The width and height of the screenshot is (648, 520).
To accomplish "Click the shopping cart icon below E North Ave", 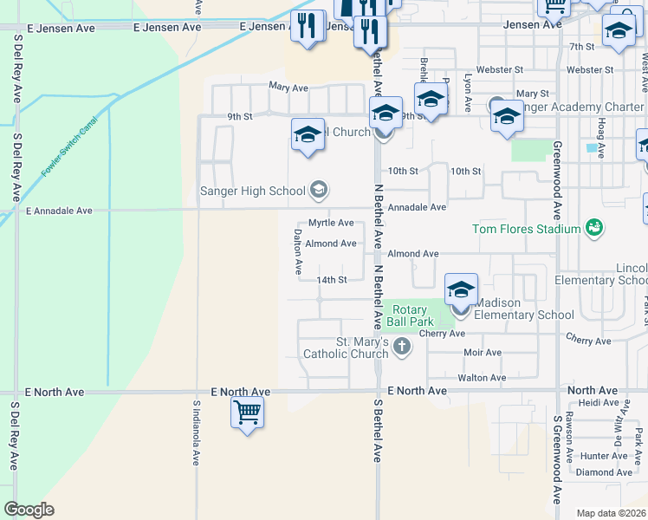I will (247, 413).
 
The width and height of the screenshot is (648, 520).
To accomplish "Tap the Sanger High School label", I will (252, 191).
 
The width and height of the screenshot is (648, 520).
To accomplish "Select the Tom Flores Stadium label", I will (525, 229).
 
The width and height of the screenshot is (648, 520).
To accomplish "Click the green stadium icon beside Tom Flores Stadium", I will (593, 228).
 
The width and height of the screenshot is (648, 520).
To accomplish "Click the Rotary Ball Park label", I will (410, 315).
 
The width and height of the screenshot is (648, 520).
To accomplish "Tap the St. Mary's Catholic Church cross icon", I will (401, 347).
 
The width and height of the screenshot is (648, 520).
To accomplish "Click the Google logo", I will (29, 509).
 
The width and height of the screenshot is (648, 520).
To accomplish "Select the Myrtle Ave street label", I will (331, 223).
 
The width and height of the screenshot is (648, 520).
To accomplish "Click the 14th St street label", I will (331, 280).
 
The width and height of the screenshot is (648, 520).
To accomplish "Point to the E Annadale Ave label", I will (59, 211).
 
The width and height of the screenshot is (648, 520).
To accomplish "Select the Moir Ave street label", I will (483, 353).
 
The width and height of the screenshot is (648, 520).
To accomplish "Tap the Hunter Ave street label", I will (604, 456).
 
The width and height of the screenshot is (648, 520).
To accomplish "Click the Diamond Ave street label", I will (604, 472).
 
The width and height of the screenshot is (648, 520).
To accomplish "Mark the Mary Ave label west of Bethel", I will (288, 88).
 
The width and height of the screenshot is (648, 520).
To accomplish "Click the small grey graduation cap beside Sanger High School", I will (319, 190).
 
